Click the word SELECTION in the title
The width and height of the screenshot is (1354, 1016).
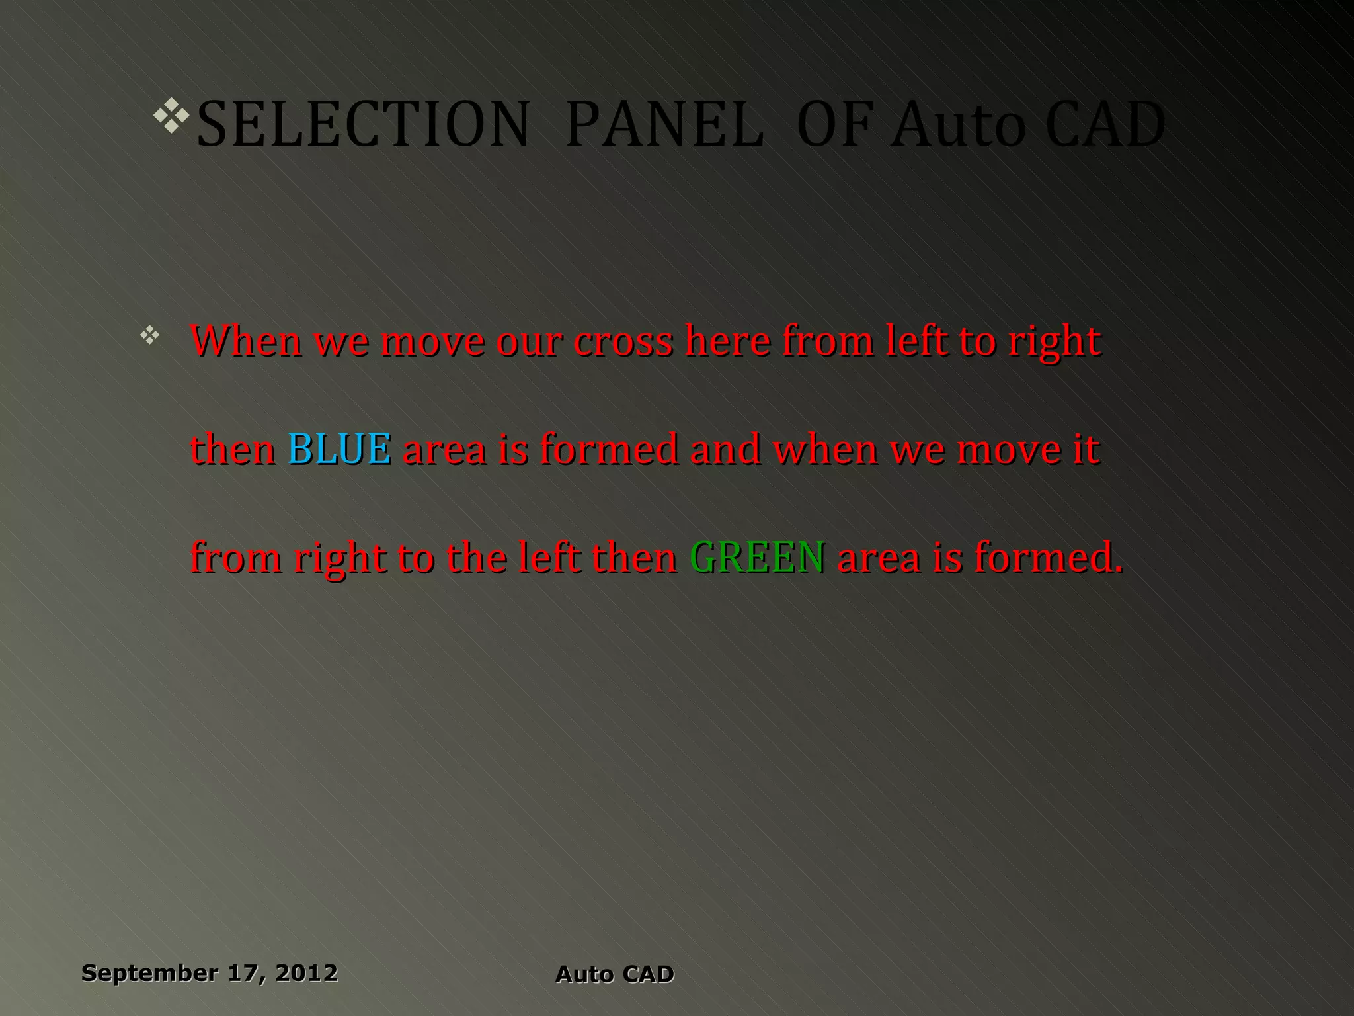click(363, 124)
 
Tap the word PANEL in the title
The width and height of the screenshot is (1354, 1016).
click(664, 124)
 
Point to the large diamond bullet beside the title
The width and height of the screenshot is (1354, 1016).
click(171, 115)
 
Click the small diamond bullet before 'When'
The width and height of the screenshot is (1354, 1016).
click(150, 335)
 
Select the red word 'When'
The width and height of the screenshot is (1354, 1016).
click(246, 341)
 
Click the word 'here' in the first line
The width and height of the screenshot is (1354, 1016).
click(727, 341)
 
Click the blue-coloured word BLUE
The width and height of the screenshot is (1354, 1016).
click(339, 448)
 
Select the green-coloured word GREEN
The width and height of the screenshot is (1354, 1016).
click(757, 557)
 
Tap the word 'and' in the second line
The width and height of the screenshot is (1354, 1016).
click(725, 448)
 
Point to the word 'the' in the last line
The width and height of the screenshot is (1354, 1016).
click(477, 557)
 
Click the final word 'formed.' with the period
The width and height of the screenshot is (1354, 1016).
click(1048, 557)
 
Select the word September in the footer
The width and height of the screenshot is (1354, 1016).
click(149, 973)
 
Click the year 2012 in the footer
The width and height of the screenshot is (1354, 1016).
click(306, 973)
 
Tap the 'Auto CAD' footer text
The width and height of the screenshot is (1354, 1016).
click(615, 974)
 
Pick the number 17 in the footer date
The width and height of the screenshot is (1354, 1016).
click(245, 973)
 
